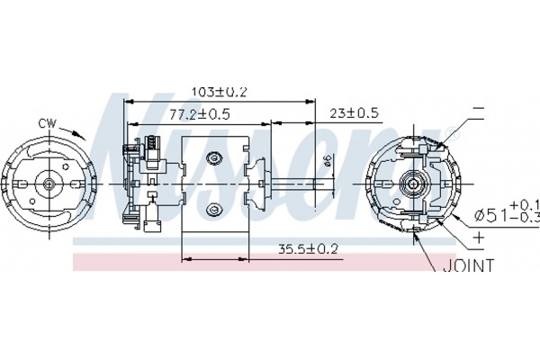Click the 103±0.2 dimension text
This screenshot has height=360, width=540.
click(220, 92)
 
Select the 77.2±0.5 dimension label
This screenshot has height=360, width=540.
click(200, 114)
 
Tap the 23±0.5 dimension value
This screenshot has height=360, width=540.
click(354, 112)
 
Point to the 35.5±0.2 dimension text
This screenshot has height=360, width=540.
click(308, 248)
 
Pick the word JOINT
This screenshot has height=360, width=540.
click(468, 265)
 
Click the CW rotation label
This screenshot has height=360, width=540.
click(47, 123)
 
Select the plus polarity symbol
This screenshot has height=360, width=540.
click(479, 238)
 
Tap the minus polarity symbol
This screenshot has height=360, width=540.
click(479, 109)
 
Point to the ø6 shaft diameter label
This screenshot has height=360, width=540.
click(328, 161)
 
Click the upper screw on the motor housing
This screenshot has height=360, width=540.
click(214, 157)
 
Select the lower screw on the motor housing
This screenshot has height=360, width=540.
click(214, 209)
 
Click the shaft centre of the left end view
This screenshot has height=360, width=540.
click(49, 184)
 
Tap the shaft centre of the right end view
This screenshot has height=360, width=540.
click(413, 184)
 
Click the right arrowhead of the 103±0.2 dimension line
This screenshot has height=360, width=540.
click(310, 102)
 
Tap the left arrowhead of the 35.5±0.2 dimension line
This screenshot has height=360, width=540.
click(186, 258)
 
